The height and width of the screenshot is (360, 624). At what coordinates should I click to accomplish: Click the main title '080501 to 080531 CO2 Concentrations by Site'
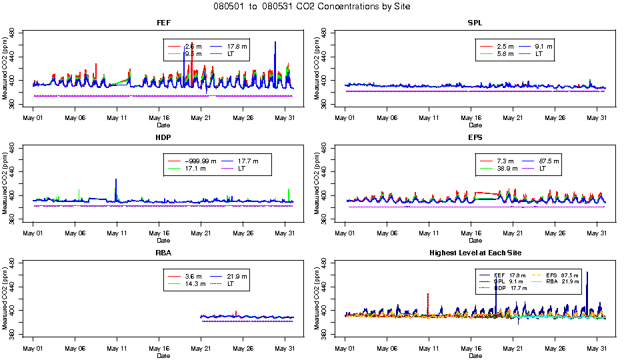pyautogui.click(x=312, y=7)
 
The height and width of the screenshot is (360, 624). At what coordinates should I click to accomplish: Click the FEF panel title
pyautogui.click(x=163, y=23)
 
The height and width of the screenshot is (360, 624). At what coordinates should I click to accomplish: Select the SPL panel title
pyautogui.click(x=475, y=23)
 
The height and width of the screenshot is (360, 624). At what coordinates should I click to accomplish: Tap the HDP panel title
pyautogui.click(x=163, y=138)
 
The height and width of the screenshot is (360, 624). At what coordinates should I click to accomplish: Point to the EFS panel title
pyautogui.click(x=475, y=138)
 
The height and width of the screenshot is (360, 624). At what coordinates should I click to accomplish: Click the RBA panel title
pyautogui.click(x=163, y=253)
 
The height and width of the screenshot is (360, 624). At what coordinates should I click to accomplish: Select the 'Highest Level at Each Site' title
pyautogui.click(x=475, y=253)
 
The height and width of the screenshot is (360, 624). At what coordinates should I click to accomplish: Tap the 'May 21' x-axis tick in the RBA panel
pyautogui.click(x=201, y=348)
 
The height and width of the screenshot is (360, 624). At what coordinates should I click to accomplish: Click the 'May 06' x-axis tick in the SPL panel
pyautogui.click(x=387, y=117)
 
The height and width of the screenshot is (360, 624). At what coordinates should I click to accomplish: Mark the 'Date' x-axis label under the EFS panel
pyautogui.click(x=475, y=240)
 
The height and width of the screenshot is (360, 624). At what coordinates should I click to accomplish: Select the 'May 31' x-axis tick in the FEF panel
pyautogui.click(x=285, y=117)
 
